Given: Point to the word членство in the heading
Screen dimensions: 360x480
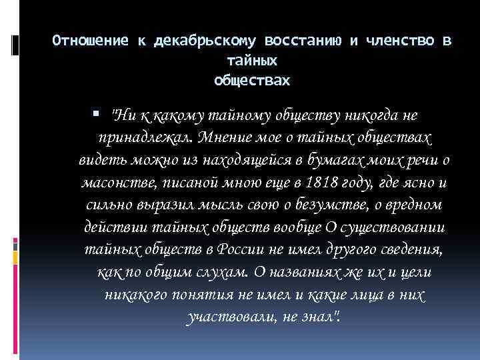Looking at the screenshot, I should click(x=399, y=41).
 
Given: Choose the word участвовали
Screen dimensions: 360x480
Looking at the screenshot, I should click(x=226, y=317).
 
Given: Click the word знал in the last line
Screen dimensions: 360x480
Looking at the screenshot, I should click(x=323, y=317).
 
